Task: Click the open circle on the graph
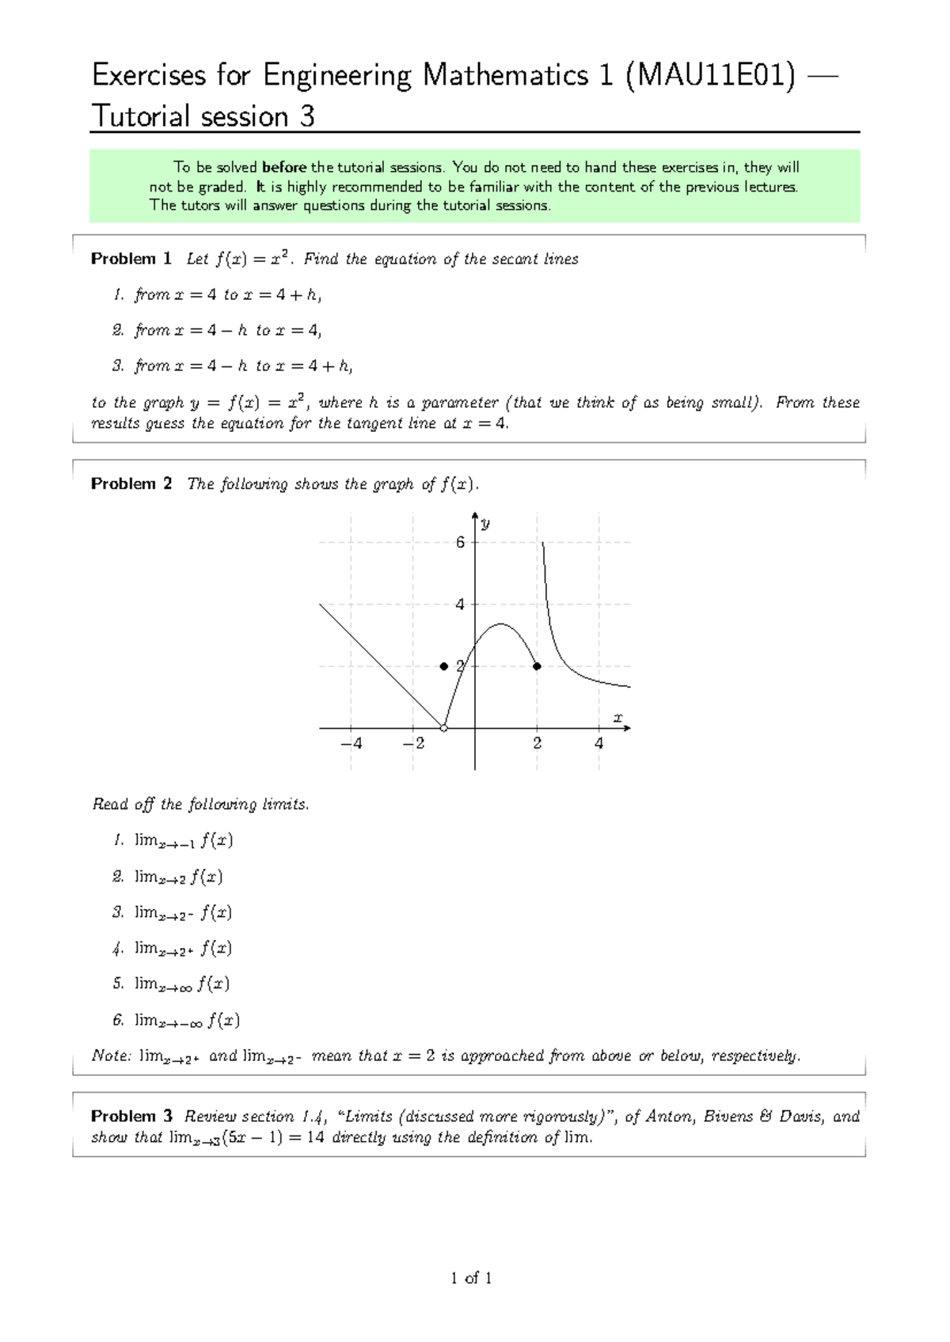click(x=444, y=728)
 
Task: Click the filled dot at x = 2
click(x=537, y=666)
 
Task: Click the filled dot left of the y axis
click(x=444, y=666)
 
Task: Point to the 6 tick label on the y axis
click(x=460, y=543)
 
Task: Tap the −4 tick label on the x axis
click(x=351, y=744)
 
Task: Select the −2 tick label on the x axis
click(x=413, y=744)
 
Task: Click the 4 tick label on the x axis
click(x=598, y=744)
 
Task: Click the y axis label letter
click(x=485, y=524)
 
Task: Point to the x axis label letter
click(x=618, y=718)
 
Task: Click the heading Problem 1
click(x=131, y=259)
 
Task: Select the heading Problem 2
click(x=131, y=483)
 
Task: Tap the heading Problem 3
click(x=131, y=1116)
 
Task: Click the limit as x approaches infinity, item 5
click(x=182, y=984)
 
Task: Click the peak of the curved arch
click(x=500, y=624)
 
